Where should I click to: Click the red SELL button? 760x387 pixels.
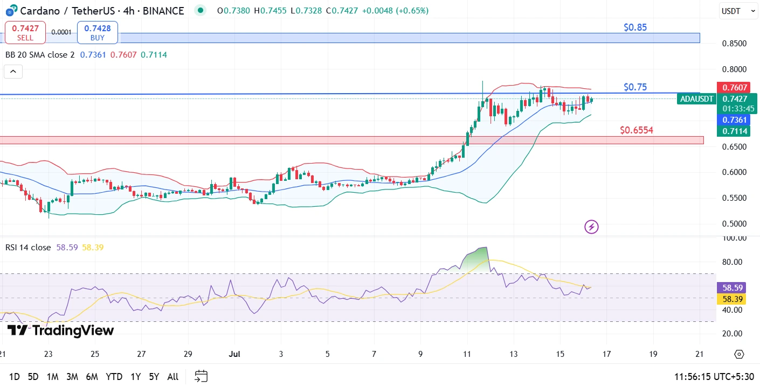click(25, 32)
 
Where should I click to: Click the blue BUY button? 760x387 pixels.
click(98, 32)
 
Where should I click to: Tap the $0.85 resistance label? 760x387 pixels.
click(635, 27)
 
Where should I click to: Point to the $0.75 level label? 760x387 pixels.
click(635, 87)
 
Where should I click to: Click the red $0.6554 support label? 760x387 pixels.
click(636, 130)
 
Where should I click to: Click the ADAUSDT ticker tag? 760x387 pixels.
click(697, 99)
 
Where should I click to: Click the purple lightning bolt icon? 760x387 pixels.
click(591, 227)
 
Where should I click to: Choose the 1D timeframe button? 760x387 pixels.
click(14, 377)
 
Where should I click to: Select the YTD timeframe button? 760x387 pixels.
click(114, 377)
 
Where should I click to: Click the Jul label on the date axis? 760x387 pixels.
click(234, 354)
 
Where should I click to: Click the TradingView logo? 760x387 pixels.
click(60, 330)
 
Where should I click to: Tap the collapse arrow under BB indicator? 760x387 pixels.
click(13, 72)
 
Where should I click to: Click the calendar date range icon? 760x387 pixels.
click(201, 376)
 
